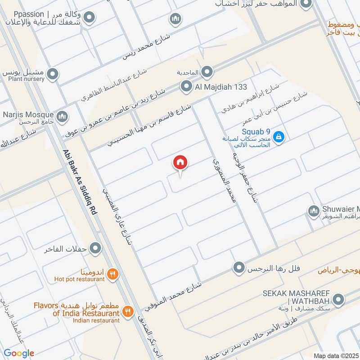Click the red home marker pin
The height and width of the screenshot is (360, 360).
180,162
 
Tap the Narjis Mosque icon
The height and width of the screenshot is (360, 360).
63,116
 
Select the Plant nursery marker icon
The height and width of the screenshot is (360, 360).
53,74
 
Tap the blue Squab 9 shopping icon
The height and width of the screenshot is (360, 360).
279,136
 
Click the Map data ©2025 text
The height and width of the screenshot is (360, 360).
335,355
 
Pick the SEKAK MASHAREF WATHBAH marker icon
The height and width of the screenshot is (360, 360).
339,298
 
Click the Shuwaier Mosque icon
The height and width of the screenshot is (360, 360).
313,210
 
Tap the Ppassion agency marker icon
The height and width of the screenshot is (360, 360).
90,18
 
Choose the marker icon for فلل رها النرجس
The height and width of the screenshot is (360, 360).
239,269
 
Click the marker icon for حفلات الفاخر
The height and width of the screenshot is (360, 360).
95,248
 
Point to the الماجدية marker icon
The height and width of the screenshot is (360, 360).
207,72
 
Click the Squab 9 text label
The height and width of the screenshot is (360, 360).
256,131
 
